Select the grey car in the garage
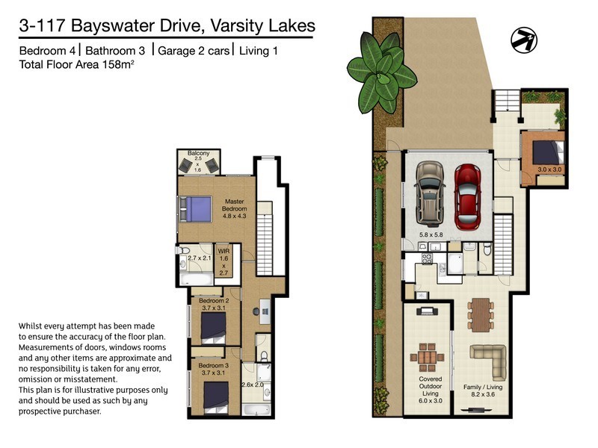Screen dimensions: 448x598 click(x=430, y=193)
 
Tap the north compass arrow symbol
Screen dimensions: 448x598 click(x=523, y=39)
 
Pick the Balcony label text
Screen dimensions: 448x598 click(x=198, y=154)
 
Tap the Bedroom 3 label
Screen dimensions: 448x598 click(x=212, y=370)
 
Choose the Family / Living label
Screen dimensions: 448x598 click(x=483, y=388)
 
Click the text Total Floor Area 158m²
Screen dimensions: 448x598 click(x=75, y=65)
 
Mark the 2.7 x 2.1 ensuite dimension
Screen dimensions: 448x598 click(x=200, y=258)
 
